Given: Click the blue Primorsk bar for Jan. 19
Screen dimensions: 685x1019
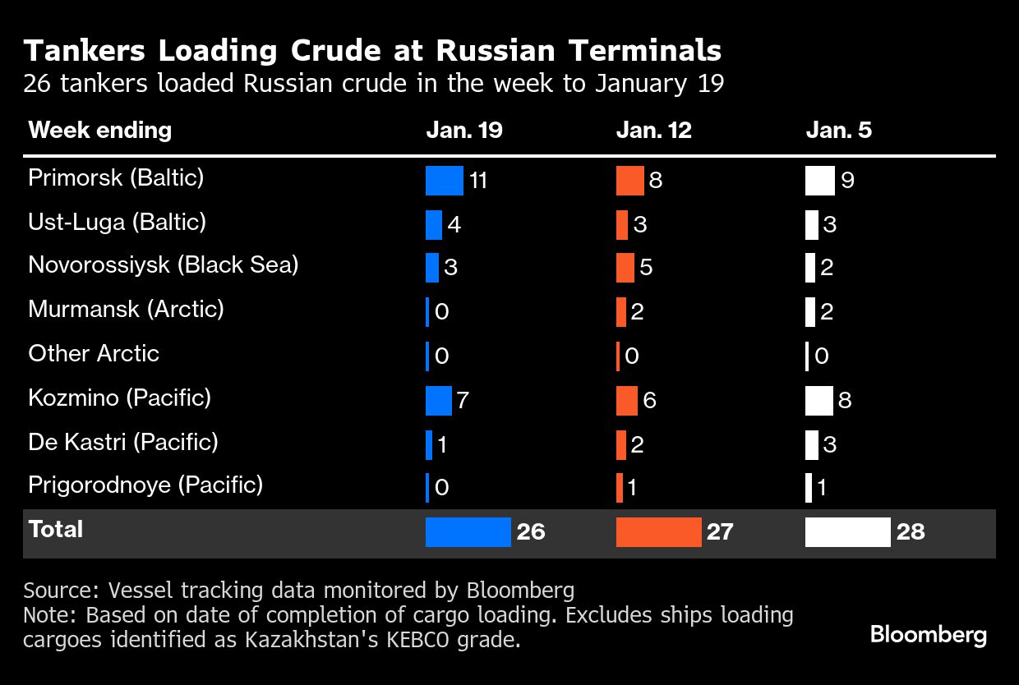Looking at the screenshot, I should click(x=445, y=181).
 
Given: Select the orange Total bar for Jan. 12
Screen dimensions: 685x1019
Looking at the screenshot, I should click(x=658, y=532).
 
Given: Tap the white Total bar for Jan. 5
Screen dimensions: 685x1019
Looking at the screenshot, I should click(x=847, y=532).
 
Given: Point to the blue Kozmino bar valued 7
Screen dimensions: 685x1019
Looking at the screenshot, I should click(x=439, y=401).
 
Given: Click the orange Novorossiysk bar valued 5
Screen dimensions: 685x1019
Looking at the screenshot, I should click(x=625, y=268).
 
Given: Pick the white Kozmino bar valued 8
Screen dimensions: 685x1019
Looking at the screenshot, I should click(x=819, y=401).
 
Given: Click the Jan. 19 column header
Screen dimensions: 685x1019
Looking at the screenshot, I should click(x=464, y=131).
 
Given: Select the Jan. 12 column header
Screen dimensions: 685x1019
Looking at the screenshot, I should click(x=654, y=131).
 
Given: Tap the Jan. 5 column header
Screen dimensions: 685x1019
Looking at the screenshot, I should click(x=839, y=131).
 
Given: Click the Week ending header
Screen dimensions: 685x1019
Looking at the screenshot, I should click(x=99, y=130).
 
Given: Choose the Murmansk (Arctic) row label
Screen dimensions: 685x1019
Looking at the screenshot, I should click(x=126, y=309).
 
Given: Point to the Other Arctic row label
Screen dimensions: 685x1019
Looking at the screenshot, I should click(x=94, y=353).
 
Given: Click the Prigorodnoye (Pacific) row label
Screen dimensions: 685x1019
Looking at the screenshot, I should click(x=145, y=485).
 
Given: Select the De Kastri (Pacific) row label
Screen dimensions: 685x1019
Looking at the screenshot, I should click(x=123, y=442).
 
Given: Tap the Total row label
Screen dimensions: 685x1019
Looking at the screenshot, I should click(x=56, y=529).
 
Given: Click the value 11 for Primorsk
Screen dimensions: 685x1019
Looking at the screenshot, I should click(x=477, y=181).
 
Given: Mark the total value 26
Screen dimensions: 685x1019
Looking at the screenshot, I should click(x=531, y=532).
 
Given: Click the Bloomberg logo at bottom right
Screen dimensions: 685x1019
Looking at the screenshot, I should click(x=928, y=635).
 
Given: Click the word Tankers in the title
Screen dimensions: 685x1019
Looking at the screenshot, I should click(x=85, y=51).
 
